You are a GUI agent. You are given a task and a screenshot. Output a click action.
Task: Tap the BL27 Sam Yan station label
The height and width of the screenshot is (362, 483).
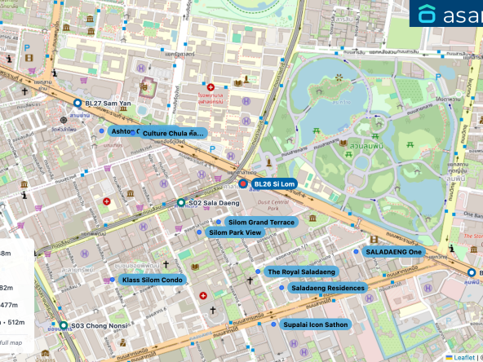point(103,104)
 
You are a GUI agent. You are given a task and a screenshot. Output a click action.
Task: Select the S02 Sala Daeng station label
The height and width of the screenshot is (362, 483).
point(208,202)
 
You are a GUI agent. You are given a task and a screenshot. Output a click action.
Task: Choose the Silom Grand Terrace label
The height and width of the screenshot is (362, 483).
point(261,222)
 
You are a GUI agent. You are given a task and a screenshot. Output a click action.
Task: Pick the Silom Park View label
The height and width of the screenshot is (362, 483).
point(235,233)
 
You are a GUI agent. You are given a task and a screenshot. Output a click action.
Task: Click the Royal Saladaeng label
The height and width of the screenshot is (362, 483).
point(301,271)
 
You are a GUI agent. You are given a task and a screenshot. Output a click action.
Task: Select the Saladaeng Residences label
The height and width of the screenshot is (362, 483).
point(327,288)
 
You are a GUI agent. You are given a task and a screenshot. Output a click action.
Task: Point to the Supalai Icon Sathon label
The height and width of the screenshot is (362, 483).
point(316,324)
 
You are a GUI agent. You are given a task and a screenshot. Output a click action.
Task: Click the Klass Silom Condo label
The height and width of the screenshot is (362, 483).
point(153,280)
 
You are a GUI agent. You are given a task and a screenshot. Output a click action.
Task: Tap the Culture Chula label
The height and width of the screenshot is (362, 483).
point(173,132)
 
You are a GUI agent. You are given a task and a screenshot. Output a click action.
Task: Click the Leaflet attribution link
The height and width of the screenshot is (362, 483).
point(463,356)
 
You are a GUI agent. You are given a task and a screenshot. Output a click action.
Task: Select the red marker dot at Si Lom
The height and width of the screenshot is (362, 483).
point(242,184)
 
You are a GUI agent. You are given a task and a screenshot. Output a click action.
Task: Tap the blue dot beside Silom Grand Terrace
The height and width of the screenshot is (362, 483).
point(219,222)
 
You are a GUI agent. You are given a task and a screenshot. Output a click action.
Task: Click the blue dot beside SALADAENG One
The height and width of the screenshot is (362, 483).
point(357,252)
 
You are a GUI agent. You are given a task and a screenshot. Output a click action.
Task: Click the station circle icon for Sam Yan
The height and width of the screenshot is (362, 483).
point(77,104)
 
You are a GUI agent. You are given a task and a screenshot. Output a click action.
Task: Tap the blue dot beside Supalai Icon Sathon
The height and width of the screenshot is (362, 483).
point(273,324)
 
